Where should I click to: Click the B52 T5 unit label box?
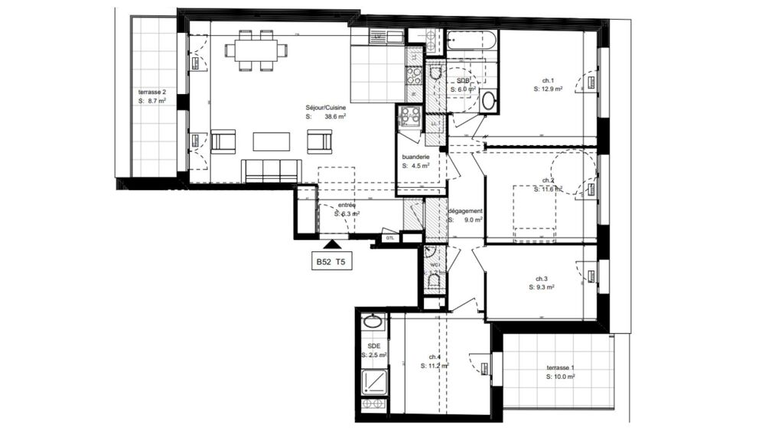click(331, 262)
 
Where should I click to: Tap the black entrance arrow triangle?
click(331, 244)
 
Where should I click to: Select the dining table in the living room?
click(256, 50)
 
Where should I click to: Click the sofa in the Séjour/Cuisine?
click(271, 170)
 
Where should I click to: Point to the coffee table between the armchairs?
click(271, 141)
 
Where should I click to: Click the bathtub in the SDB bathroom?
click(471, 40)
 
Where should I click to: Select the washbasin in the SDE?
click(373, 322)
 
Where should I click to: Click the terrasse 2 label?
click(151, 92)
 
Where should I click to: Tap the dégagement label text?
click(465, 211)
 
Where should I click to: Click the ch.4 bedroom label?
click(434, 357)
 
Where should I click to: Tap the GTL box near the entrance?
click(391, 238)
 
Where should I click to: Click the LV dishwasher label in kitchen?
click(378, 36)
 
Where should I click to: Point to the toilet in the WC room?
click(433, 283)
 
